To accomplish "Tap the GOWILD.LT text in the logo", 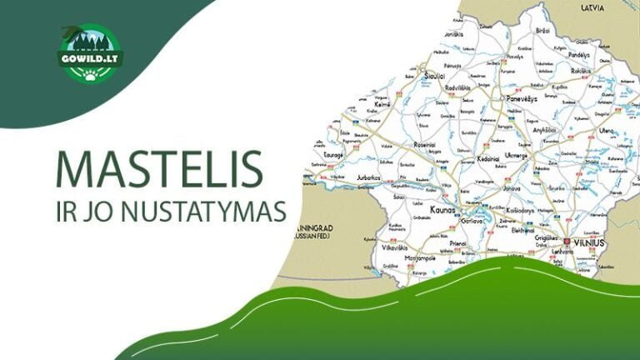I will pyautogui.click(x=89, y=60).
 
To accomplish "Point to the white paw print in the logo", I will pyautogui.click(x=90, y=73).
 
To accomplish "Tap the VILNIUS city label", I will pyautogui.click(x=589, y=242).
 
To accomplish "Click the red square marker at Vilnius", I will pyautogui.click(x=567, y=242).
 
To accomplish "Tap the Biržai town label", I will pyautogui.click(x=542, y=29).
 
